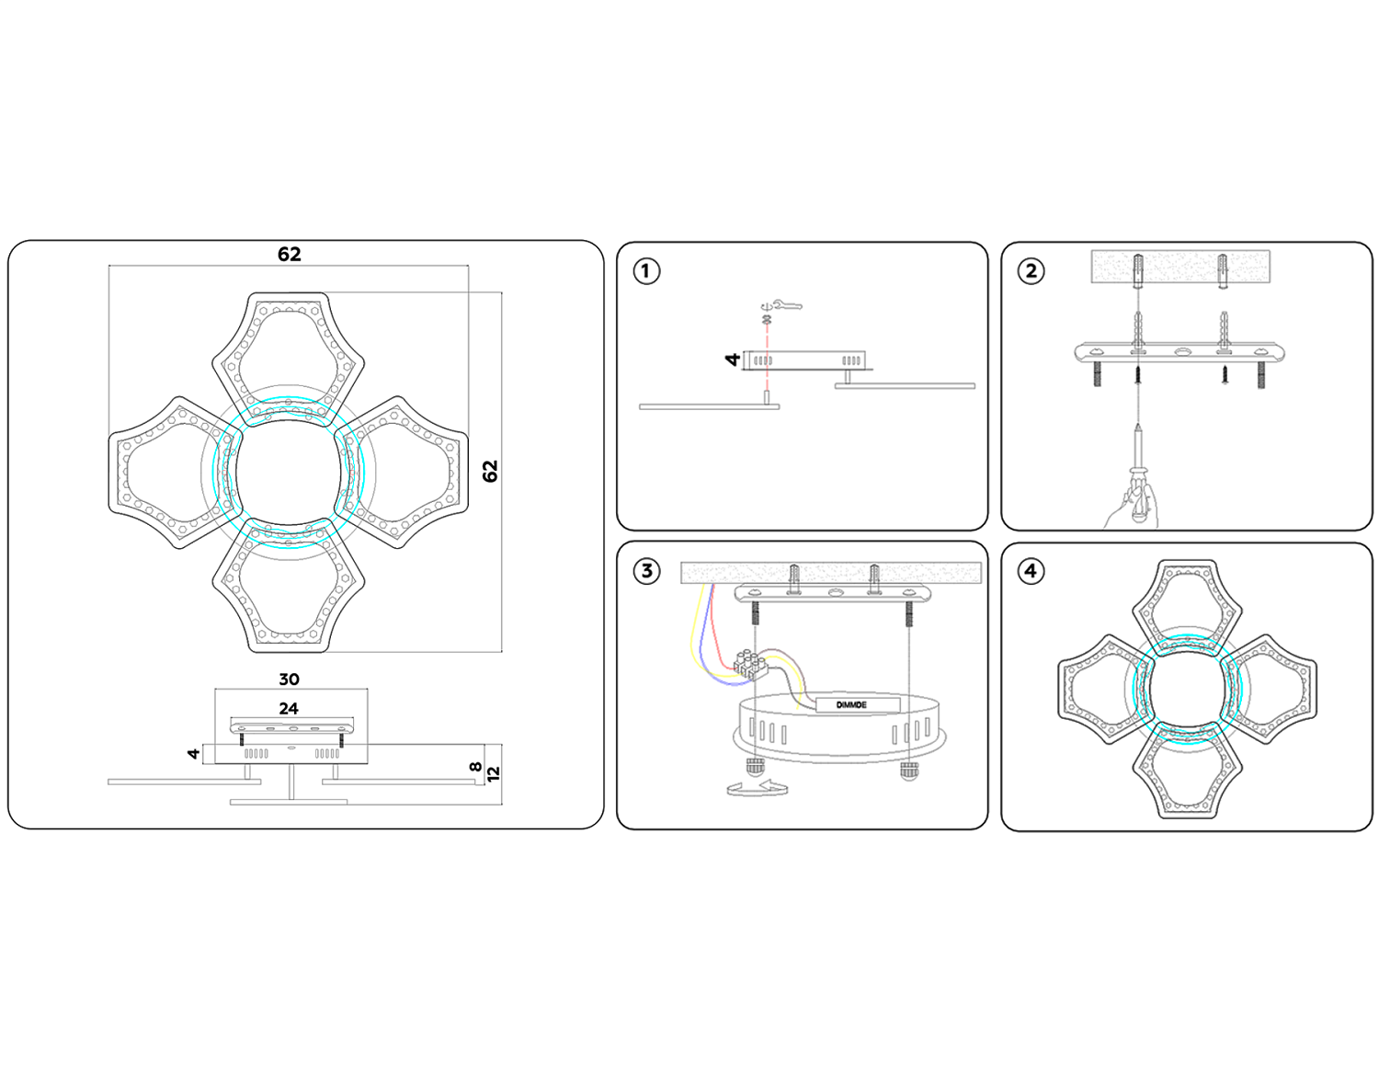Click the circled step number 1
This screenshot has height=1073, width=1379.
[x=646, y=271]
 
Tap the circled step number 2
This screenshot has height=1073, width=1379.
[x=1031, y=271]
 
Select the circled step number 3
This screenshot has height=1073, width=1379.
[x=646, y=571]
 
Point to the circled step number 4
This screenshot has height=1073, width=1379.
[x=1031, y=571]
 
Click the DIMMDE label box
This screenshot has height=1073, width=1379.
[x=852, y=705]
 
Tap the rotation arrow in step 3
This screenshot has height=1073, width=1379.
[x=757, y=788]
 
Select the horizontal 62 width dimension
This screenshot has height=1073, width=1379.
[x=290, y=255]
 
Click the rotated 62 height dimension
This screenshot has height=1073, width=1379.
[x=490, y=471]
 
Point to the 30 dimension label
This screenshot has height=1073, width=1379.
[x=289, y=679]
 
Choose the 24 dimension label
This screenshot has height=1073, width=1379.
[x=289, y=709]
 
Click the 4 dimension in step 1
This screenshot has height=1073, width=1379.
[x=733, y=360]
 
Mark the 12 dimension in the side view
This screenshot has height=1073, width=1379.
[x=494, y=774]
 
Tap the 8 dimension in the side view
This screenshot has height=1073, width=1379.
[x=475, y=767]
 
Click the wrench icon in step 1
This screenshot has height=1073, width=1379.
[x=782, y=305]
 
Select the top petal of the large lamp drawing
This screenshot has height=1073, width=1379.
[x=288, y=349]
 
